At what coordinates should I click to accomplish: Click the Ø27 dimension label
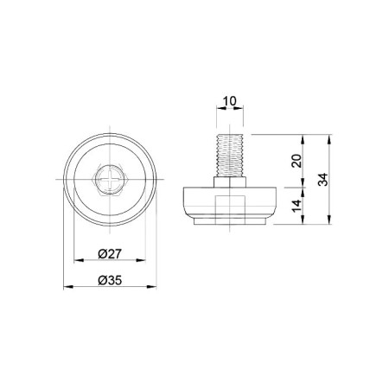pos(110,254)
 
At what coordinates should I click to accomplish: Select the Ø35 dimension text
pos(110,280)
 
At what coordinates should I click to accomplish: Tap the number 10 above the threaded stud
pos(230,101)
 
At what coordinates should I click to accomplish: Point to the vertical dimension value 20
pos(297,161)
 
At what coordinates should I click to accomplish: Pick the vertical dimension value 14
pos(297,206)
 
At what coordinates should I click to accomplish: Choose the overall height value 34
pos(323,180)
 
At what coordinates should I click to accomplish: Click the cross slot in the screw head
pos(110,179)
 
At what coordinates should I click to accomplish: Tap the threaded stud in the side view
pos(230,156)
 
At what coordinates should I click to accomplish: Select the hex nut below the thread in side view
pos(230,182)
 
